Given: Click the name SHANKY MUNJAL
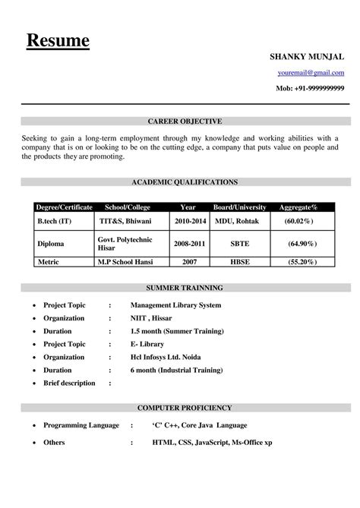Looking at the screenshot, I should click(308, 57).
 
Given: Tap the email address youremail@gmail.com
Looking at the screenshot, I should click(310, 73).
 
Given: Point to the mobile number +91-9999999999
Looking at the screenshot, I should click(309, 89).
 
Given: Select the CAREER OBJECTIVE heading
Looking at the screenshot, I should click(185, 121).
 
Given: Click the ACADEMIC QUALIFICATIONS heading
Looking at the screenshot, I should click(185, 182).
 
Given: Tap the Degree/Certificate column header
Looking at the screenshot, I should click(65, 207).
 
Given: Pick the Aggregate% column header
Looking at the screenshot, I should click(298, 207).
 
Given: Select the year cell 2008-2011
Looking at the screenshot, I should click(188, 244).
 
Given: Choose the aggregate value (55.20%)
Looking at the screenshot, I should click(302, 260).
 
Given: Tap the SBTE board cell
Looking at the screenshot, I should click(238, 244).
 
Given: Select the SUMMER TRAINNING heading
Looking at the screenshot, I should click(185, 289).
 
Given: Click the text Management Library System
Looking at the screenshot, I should click(175, 305).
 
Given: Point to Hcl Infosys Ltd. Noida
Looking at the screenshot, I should click(174, 357).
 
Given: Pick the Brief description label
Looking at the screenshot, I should click(69, 383).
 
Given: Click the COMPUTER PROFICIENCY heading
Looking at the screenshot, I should click(185, 408).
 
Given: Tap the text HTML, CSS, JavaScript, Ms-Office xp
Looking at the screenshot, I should click(211, 442).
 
